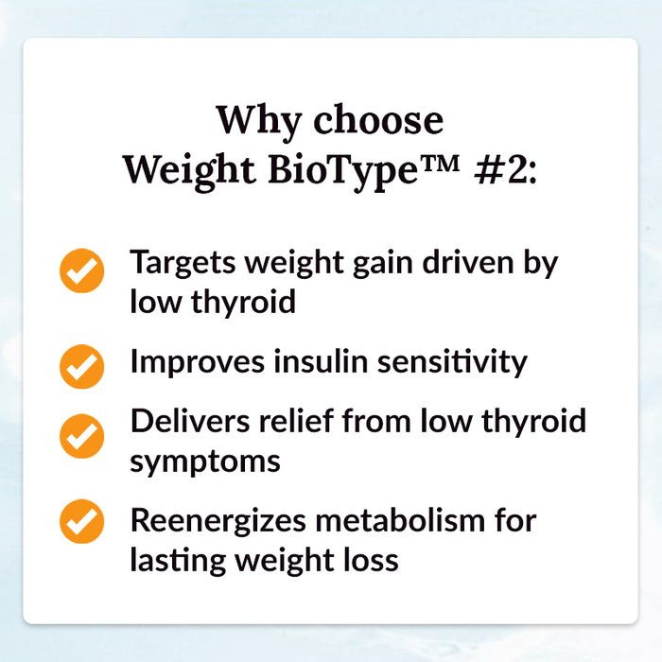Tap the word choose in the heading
378,120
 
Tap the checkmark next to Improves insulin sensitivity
82,364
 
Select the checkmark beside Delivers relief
82,436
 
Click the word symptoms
205,462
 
